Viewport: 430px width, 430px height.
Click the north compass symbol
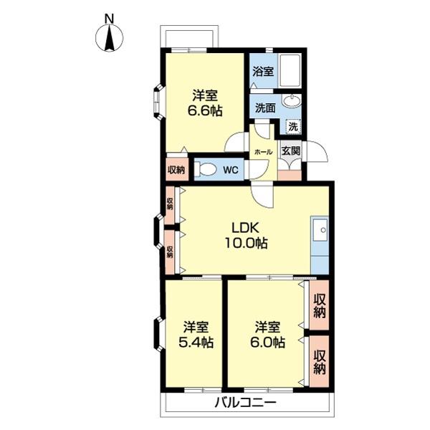click(110, 38)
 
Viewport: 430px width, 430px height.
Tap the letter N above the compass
click(110, 19)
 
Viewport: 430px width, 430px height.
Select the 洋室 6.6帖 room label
click(205, 103)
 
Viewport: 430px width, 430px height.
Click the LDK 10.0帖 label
click(246, 235)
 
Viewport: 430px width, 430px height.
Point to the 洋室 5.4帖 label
click(196, 334)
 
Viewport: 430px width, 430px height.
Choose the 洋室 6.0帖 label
click(267, 334)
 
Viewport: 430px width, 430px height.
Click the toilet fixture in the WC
click(205, 169)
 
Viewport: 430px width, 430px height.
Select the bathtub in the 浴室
click(290, 71)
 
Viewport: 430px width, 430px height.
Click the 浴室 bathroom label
click(263, 72)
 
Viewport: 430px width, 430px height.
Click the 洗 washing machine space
click(293, 127)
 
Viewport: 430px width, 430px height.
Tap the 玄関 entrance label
click(291, 150)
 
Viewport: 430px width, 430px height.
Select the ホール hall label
click(263, 152)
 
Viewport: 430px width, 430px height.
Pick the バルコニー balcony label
click(245, 403)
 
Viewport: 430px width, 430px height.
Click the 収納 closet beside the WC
click(176, 169)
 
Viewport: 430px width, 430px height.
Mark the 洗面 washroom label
click(265, 108)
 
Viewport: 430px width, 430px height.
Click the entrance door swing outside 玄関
click(317, 152)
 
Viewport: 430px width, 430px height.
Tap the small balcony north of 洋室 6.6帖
click(189, 37)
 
